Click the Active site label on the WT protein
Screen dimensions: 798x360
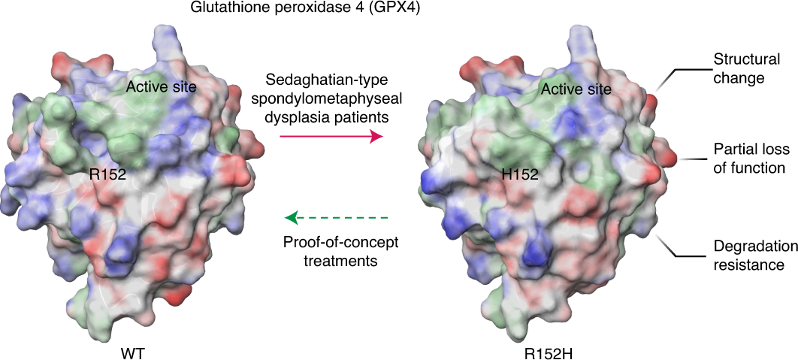(x=162, y=87)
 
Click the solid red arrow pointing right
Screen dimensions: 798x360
(x=331, y=137)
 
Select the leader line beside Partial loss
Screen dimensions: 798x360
(x=689, y=159)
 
